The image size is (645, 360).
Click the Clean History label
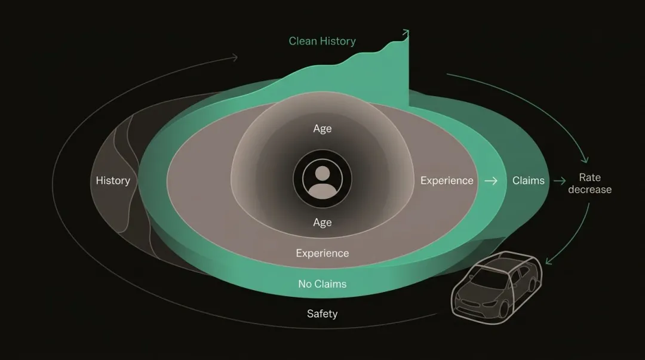point(322,41)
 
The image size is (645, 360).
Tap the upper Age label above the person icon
point(322,129)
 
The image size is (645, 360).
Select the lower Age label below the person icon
point(322,222)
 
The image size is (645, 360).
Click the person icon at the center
point(322,179)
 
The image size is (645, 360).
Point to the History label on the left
point(113,181)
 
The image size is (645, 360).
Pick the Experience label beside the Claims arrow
point(447,181)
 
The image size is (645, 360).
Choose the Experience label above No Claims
point(322,253)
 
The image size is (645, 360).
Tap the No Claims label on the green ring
point(322,284)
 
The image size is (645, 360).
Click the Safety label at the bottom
point(322,314)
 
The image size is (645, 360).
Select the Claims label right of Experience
point(528,181)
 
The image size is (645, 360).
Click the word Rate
point(590,177)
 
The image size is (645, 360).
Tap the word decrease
point(590,190)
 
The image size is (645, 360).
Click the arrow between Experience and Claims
point(491,181)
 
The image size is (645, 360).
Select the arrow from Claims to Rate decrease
point(560,181)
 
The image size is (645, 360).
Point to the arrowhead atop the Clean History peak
point(406,32)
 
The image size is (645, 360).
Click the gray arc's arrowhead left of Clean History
point(235,57)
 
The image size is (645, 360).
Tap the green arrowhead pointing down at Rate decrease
point(585,159)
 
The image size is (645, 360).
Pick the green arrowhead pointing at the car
point(548,261)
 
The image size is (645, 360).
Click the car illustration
point(496,287)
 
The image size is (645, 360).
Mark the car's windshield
point(487,278)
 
